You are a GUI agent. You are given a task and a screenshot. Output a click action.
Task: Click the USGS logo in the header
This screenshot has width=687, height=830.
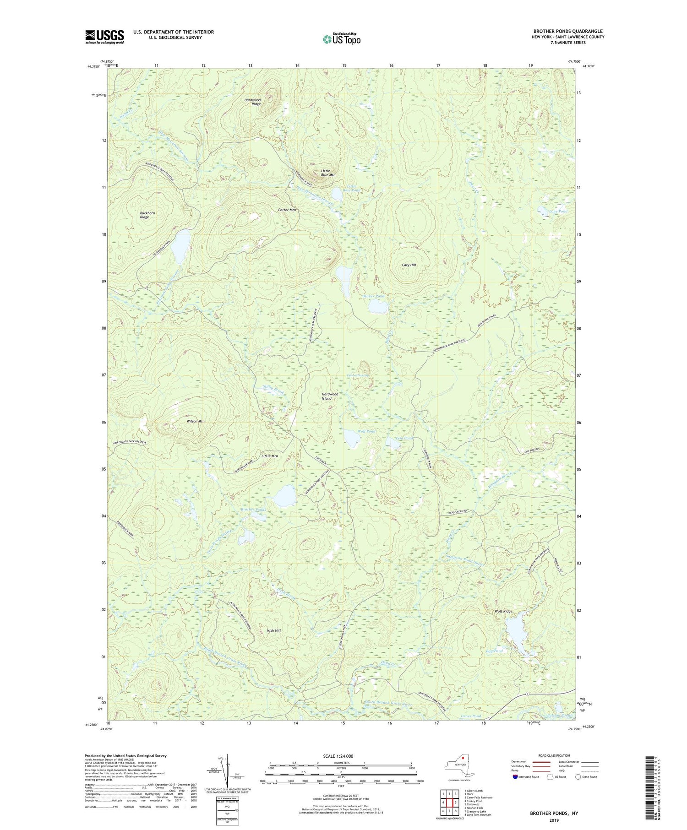[104, 37]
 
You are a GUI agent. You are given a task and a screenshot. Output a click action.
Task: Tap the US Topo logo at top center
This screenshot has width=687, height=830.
[341, 39]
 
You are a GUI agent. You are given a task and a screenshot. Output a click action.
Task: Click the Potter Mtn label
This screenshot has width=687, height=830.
[287, 210]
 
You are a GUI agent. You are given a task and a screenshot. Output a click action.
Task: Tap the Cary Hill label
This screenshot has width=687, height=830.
[409, 265]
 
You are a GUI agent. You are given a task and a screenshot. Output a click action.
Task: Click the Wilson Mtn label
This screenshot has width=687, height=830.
[196, 421]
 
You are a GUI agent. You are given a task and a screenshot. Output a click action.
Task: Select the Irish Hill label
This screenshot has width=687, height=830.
[273, 630]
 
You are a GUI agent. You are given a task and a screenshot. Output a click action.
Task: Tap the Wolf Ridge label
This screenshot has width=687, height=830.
[503, 612]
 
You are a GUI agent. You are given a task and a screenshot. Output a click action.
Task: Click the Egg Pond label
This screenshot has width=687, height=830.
[494, 651]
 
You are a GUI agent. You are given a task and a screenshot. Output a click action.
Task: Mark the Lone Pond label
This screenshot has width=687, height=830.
[558, 211]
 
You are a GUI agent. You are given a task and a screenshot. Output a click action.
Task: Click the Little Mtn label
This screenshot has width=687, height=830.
[269, 456]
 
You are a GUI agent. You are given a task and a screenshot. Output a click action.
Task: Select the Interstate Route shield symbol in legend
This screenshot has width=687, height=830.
[516, 777]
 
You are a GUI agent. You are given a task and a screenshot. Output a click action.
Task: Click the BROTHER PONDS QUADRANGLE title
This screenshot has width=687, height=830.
[568, 31]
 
